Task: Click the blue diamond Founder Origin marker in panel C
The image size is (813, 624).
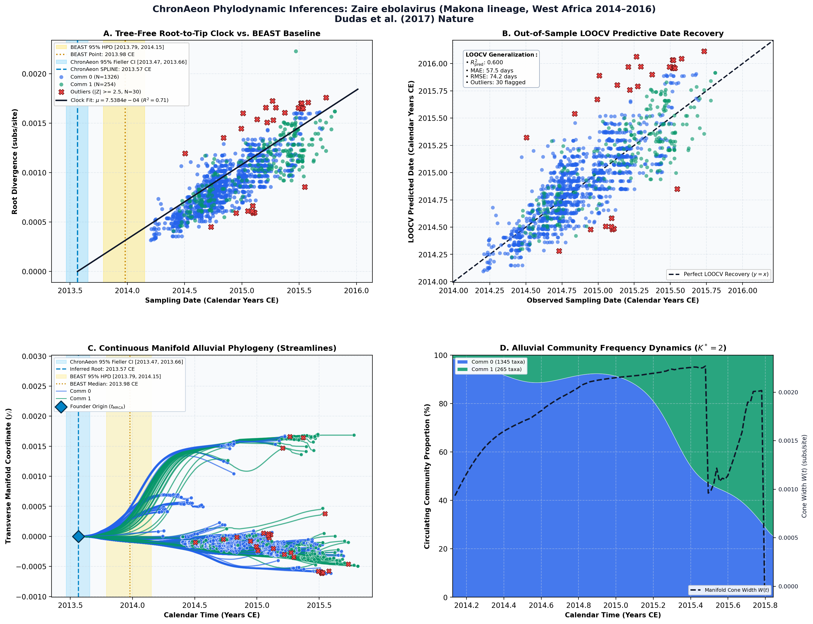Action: click(78, 536)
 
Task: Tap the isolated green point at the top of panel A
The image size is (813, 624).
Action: click(296, 51)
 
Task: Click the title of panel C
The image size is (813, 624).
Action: click(212, 348)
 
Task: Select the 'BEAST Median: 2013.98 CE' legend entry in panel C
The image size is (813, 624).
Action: click(104, 384)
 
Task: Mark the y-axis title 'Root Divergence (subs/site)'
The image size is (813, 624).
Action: click(15, 162)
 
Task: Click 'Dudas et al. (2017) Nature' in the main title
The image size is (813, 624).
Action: click(404, 19)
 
